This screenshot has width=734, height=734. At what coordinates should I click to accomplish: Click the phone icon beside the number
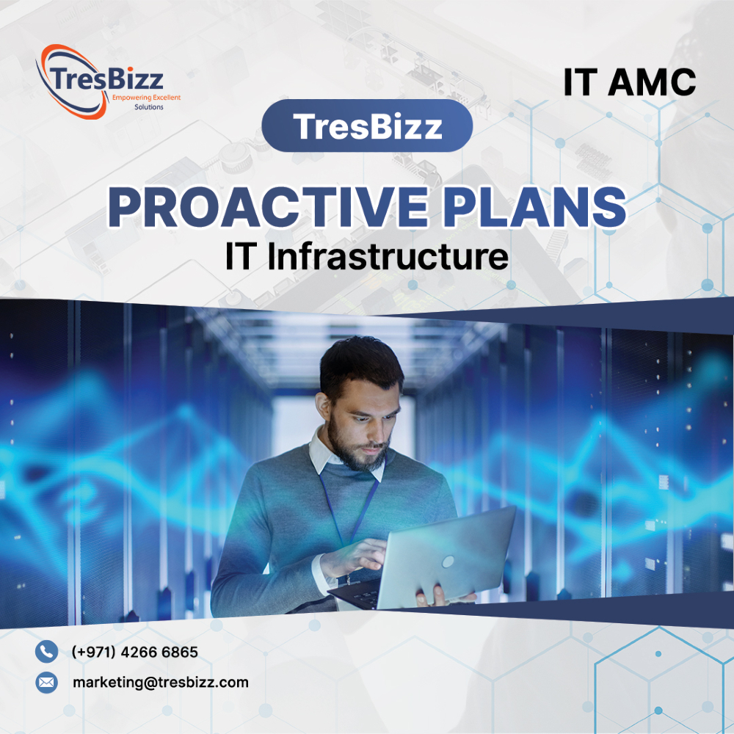pyautogui.click(x=46, y=651)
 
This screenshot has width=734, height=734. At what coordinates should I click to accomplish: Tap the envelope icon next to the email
pyautogui.click(x=46, y=683)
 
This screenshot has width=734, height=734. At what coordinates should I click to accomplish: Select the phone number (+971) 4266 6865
pyautogui.click(x=135, y=652)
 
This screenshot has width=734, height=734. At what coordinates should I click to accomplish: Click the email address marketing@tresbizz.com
pyautogui.click(x=160, y=683)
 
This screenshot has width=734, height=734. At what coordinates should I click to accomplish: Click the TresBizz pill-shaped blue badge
pyautogui.click(x=367, y=126)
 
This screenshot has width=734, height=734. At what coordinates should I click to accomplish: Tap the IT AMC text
pyautogui.click(x=629, y=82)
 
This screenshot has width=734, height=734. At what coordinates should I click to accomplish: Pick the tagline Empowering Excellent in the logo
pyautogui.click(x=146, y=97)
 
